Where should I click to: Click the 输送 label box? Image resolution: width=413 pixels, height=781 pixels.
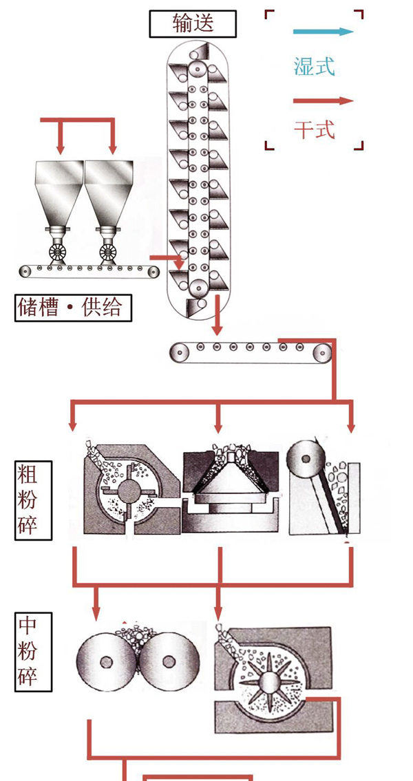193,24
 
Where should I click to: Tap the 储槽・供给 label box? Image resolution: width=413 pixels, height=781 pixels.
73,307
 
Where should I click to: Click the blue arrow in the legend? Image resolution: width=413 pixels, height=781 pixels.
323,32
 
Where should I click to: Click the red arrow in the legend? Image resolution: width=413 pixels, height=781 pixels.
323,101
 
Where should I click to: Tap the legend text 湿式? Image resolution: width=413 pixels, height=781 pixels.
314,67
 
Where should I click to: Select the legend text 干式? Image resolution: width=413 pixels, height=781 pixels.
314,129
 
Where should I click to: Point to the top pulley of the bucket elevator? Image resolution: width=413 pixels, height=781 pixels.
198,69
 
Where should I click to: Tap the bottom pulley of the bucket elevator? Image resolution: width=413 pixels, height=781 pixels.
200,288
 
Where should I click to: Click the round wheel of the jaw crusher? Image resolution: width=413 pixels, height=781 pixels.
304,456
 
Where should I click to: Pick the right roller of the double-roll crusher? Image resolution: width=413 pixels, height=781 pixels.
169,662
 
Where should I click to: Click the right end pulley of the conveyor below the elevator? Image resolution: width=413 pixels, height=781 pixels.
321,353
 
